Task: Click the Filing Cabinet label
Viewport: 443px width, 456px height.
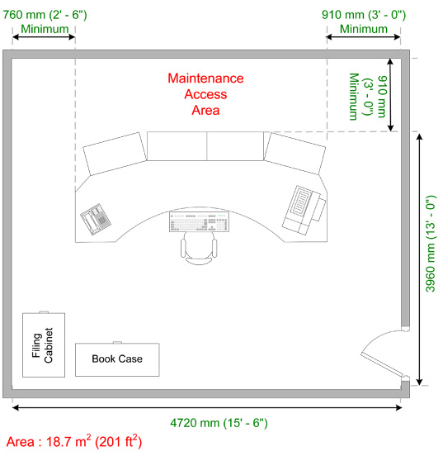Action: click(x=42, y=345)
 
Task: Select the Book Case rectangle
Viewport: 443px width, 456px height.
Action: click(x=117, y=359)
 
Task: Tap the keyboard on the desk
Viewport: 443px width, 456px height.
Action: click(x=199, y=221)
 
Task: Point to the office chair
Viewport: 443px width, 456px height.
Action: click(x=199, y=249)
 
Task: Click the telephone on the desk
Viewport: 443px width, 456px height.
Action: click(x=96, y=219)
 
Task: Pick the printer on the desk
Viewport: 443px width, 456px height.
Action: click(x=304, y=210)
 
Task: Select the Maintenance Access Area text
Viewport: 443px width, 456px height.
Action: click(x=205, y=94)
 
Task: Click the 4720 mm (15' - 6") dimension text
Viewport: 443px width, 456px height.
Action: click(x=219, y=423)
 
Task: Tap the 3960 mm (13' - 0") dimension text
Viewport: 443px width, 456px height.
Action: click(x=431, y=244)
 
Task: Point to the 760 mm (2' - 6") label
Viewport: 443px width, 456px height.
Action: click(x=45, y=15)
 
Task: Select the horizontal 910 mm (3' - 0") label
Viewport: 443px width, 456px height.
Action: click(x=364, y=15)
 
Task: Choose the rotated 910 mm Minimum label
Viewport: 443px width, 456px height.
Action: click(x=369, y=97)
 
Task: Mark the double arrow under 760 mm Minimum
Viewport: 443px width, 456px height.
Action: click(x=44, y=37)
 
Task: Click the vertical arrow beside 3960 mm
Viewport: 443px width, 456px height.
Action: click(x=419, y=259)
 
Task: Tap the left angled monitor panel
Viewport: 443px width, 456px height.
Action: click(x=115, y=154)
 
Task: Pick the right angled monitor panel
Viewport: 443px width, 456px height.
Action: click(x=295, y=154)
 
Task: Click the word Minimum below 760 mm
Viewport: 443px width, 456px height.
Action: click(x=45, y=29)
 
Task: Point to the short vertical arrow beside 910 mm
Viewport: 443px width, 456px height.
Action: click(x=391, y=95)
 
